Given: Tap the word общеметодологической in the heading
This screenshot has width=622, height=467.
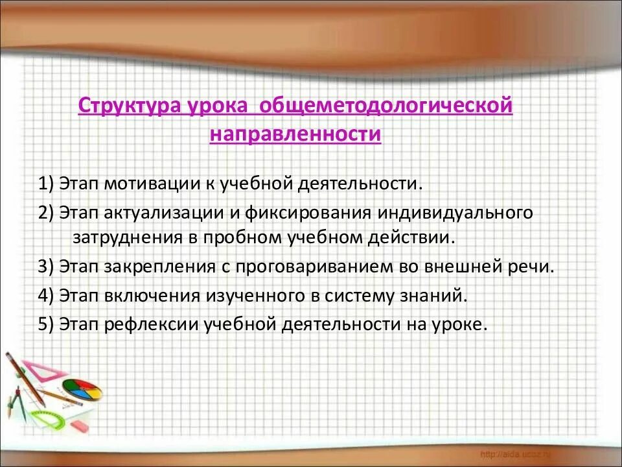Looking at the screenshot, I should (385, 106).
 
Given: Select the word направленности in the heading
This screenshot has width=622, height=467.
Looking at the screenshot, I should (295, 135).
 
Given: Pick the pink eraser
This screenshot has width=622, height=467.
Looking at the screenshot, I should (78, 426).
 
